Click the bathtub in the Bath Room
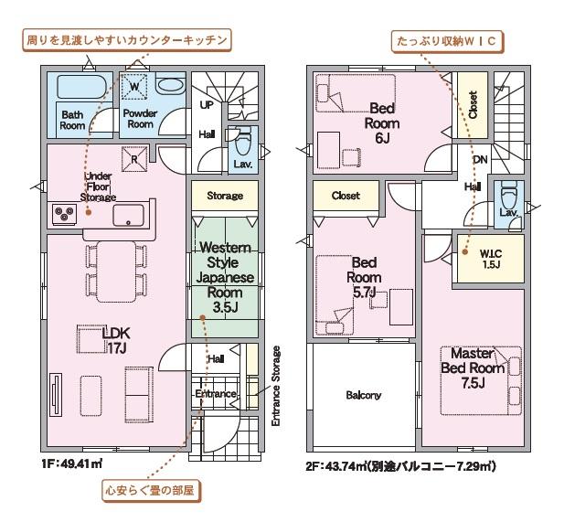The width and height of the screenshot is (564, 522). pyautogui.click(x=81, y=86)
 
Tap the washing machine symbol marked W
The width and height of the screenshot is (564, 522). pyautogui.click(x=134, y=86)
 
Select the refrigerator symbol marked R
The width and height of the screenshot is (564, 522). pyautogui.click(x=134, y=159)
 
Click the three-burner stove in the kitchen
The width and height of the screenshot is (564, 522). pyautogui.click(x=65, y=214)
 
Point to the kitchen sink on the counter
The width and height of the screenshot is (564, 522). pyautogui.click(x=128, y=215)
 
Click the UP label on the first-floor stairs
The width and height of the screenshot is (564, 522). pyautogui.click(x=207, y=105)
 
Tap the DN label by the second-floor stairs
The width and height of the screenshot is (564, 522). pyautogui.click(x=480, y=159)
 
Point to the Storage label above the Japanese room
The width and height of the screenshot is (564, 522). pyautogui.click(x=225, y=196)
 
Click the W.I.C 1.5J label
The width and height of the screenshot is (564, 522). pyautogui.click(x=491, y=259)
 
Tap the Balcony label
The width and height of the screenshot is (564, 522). pyautogui.click(x=363, y=395)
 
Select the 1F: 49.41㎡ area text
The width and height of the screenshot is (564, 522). pyautogui.click(x=72, y=463)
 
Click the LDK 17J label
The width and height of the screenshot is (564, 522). pyautogui.click(x=116, y=340)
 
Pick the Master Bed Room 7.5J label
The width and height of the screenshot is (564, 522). pyautogui.click(x=473, y=368)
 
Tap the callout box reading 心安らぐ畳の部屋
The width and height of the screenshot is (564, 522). pyautogui.click(x=150, y=490)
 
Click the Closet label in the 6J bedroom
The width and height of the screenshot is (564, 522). pyautogui.click(x=473, y=105)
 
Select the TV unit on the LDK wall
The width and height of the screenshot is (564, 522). pyautogui.click(x=56, y=395)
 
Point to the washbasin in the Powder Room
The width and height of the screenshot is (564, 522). pyautogui.click(x=170, y=85)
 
